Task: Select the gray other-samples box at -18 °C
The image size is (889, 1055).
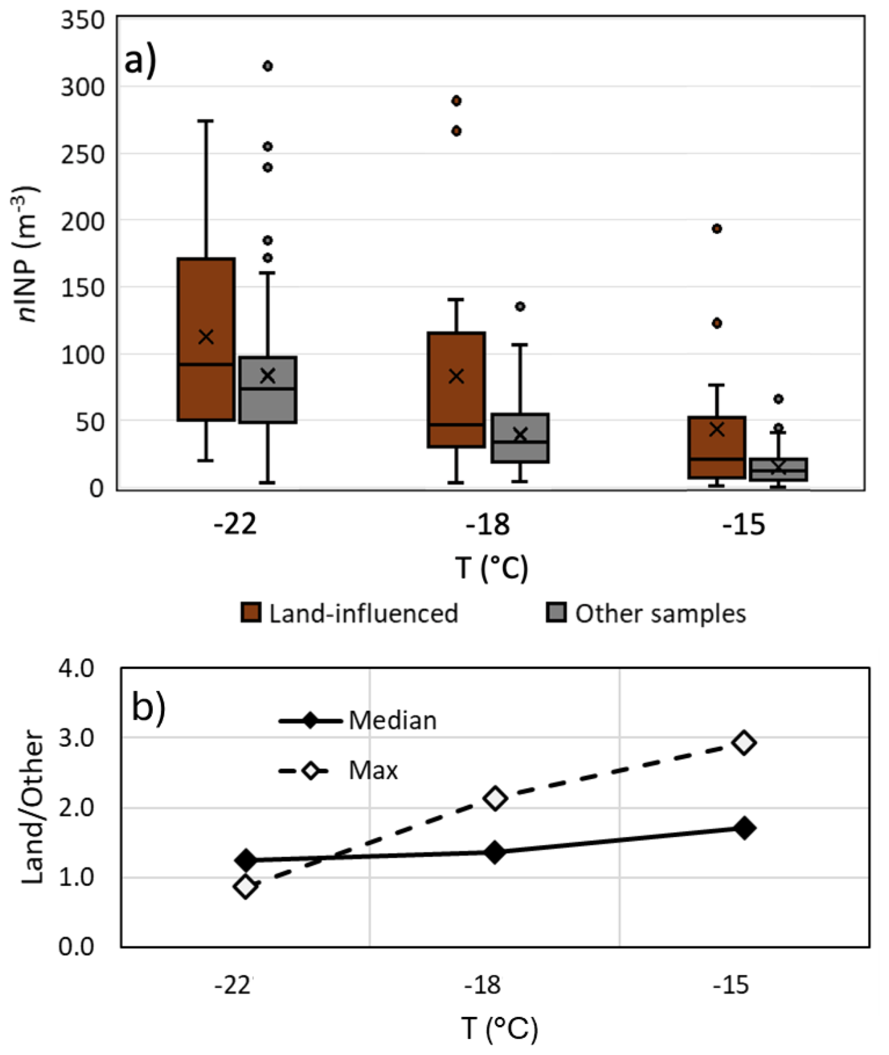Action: pos(520,438)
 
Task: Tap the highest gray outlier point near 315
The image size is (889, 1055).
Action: pos(268,66)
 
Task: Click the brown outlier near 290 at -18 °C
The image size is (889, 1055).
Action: pos(457,101)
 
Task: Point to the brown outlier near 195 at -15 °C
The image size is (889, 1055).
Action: pos(717,229)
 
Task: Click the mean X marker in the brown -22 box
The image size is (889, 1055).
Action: pos(206,337)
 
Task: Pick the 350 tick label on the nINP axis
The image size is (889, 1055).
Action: pos(83,21)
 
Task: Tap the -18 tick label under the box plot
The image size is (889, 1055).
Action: pos(488,524)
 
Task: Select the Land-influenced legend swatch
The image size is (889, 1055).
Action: pos(251,613)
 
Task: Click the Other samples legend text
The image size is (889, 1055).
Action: pos(660,613)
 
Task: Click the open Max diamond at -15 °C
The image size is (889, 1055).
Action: pos(745,742)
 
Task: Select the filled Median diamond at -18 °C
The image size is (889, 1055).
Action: pos(495,852)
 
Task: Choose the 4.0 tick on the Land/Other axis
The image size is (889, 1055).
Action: pos(77,669)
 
